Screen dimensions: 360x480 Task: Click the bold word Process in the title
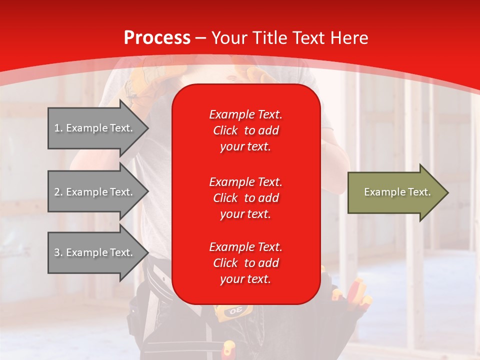157,38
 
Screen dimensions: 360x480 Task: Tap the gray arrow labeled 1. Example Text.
95,128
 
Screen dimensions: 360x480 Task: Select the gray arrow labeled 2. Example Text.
95,192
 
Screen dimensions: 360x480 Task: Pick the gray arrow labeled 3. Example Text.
95,252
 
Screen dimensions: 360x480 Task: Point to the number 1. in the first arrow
58,128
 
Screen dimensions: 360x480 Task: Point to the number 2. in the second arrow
58,192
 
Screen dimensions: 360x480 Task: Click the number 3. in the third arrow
58,252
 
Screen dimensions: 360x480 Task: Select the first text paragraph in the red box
245,130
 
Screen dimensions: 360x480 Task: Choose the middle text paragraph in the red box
245,198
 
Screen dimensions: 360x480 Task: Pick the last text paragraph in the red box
245,263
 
